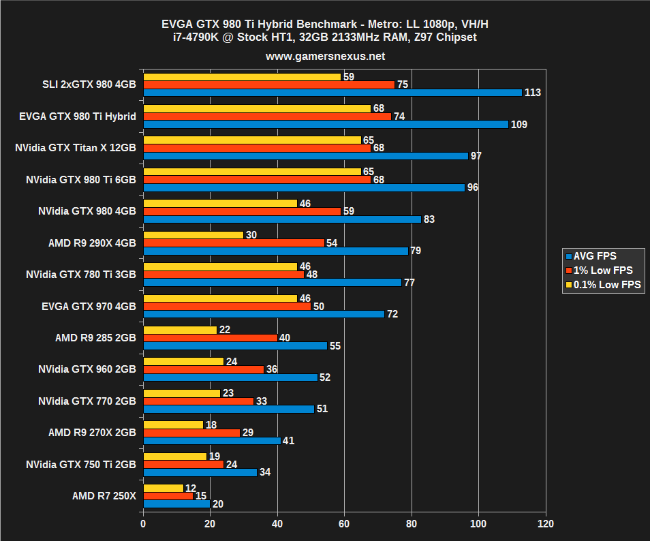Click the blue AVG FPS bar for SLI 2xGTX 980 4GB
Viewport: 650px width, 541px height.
tap(332, 93)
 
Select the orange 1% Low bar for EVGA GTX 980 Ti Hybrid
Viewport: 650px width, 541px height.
tap(267, 117)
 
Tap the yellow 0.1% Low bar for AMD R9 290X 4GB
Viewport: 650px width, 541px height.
tap(194, 235)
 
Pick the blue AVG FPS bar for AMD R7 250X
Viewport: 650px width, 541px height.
tap(176, 504)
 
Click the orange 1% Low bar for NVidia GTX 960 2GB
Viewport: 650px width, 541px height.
tap(204, 369)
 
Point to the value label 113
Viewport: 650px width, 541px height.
tap(533, 93)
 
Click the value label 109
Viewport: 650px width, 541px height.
tap(519, 125)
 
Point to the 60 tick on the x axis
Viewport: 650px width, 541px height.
tap(345, 524)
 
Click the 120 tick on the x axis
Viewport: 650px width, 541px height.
tap(545, 524)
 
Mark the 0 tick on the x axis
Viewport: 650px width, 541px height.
tap(143, 524)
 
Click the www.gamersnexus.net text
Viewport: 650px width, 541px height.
tap(325, 56)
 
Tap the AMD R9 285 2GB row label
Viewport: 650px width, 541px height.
tap(95, 337)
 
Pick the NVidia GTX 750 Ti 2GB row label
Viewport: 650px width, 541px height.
tap(80, 464)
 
